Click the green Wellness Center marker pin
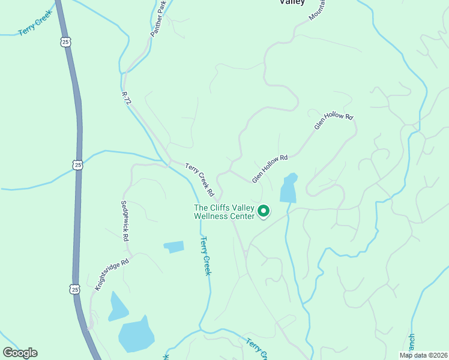[x=263, y=211]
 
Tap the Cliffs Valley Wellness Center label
[x=224, y=212]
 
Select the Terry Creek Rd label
[x=200, y=180]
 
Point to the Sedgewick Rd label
[x=125, y=221]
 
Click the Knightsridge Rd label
[x=112, y=275]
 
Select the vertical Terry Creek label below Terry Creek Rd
[x=206, y=256]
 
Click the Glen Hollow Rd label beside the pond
[x=270, y=169]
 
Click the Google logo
[x=20, y=353]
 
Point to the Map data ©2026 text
[x=423, y=355]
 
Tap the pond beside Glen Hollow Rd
[x=289, y=188]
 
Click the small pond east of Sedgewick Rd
[x=174, y=247]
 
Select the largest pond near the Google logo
[x=137, y=334]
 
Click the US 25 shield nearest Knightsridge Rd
[x=74, y=289]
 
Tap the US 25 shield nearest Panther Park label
[x=65, y=41]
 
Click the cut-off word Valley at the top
[x=292, y=2]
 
